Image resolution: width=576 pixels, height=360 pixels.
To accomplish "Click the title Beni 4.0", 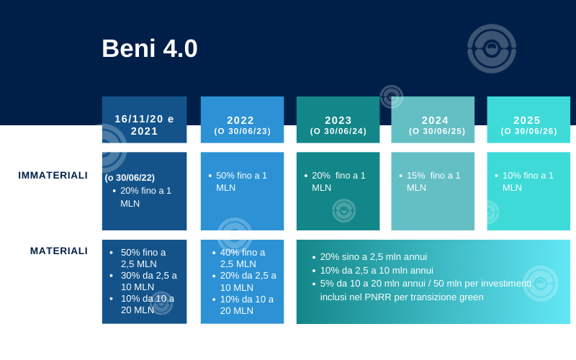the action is click(x=150, y=48).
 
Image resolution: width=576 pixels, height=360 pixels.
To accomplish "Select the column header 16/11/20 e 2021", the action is click(x=145, y=125).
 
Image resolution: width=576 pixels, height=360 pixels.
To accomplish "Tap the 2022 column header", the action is click(x=242, y=125).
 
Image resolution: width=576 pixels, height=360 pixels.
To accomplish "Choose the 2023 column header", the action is click(x=338, y=125).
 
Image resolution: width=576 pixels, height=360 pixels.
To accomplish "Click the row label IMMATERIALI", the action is click(x=53, y=175).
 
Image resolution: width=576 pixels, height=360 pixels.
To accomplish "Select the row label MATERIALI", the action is click(x=59, y=251).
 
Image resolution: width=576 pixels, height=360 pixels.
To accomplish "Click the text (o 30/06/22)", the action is click(x=130, y=178).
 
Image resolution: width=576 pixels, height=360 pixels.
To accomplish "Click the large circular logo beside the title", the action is click(x=492, y=48).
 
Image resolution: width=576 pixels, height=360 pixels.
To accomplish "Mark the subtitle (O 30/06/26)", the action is click(x=528, y=131).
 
